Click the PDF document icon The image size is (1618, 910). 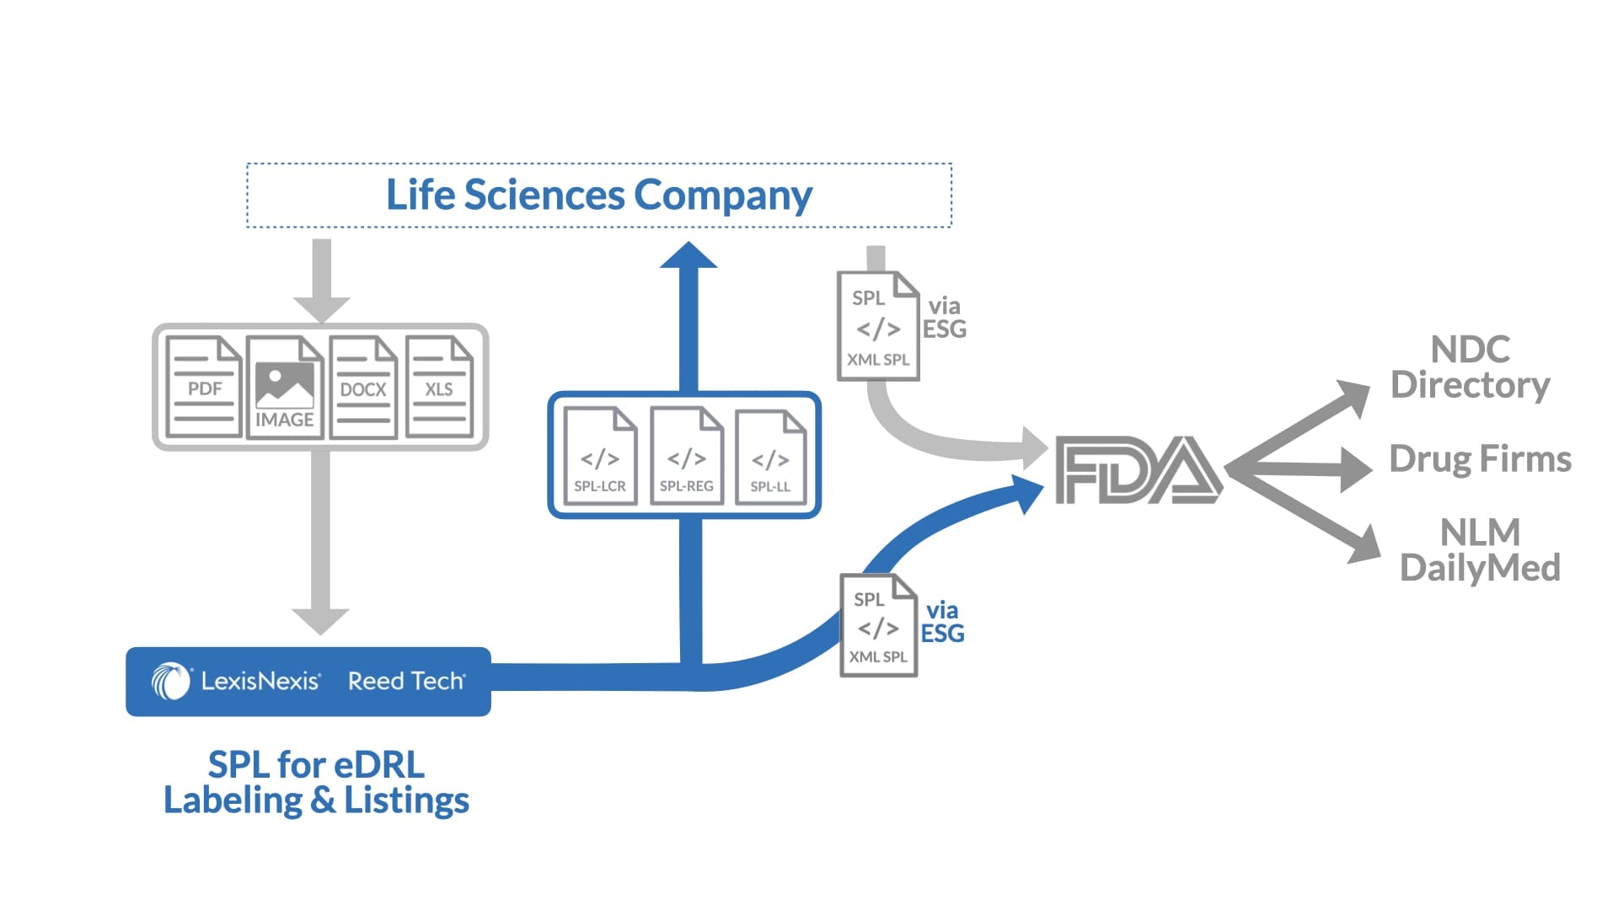pyautogui.click(x=203, y=387)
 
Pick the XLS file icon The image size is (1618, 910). pyautogui.click(x=439, y=387)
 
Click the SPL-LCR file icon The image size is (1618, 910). pyautogui.click(x=600, y=457)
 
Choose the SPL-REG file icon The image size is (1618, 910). pyautogui.click(x=686, y=457)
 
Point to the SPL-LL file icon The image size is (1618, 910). pyautogui.click(x=770, y=458)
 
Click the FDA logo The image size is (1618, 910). pyautogui.click(x=1138, y=469)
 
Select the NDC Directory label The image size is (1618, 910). pyautogui.click(x=1470, y=367)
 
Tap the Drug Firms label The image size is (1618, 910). pyautogui.click(x=1480, y=459)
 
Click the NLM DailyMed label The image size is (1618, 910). pyautogui.click(x=1480, y=550)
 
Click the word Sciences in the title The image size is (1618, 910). pyautogui.click(x=544, y=195)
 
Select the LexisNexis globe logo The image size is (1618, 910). pyautogui.click(x=171, y=681)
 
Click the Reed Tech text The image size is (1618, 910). pyautogui.click(x=405, y=681)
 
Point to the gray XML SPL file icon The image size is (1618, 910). pyautogui.click(x=877, y=326)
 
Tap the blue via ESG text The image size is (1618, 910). pyautogui.click(x=942, y=622)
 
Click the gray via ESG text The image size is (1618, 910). pyautogui.click(x=944, y=318)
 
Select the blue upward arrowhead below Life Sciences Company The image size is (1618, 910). pyautogui.click(x=688, y=255)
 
